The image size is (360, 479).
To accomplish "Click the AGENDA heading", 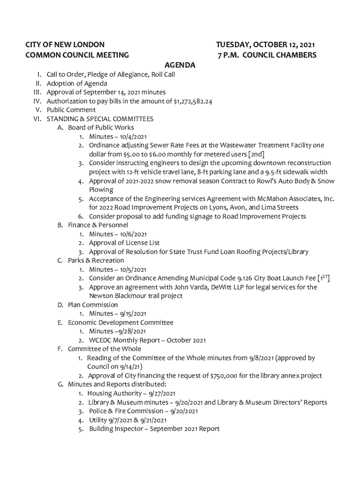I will [180, 65].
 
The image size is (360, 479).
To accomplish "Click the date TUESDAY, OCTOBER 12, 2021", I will [266, 45].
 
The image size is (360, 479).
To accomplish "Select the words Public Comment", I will [71, 110].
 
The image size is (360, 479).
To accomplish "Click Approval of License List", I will [124, 243].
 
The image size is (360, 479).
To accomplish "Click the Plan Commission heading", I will [93, 305].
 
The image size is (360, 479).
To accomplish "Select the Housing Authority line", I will [131, 393].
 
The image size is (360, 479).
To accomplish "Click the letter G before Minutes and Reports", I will [60, 385].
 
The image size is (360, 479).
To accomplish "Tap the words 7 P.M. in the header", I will [229, 55].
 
